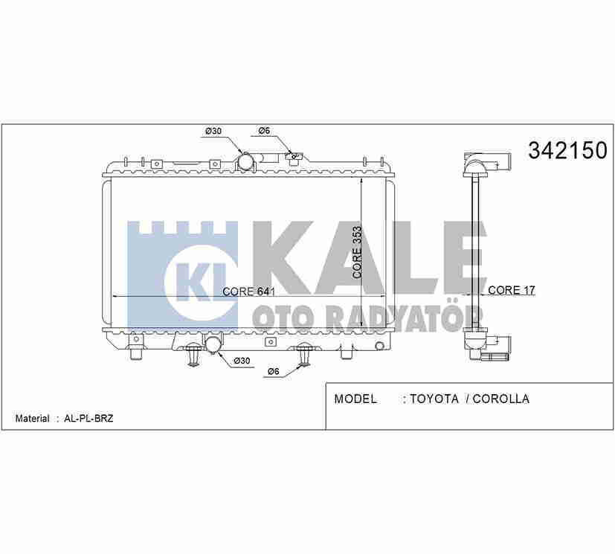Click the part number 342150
point(567,150)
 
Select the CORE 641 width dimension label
point(248,292)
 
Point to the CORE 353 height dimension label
point(357,253)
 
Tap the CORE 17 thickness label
point(512,290)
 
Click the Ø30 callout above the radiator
point(213,131)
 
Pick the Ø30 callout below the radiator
point(242,361)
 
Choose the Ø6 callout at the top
point(264,131)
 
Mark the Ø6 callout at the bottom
point(274,371)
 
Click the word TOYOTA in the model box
point(434,399)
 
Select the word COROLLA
point(501,399)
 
